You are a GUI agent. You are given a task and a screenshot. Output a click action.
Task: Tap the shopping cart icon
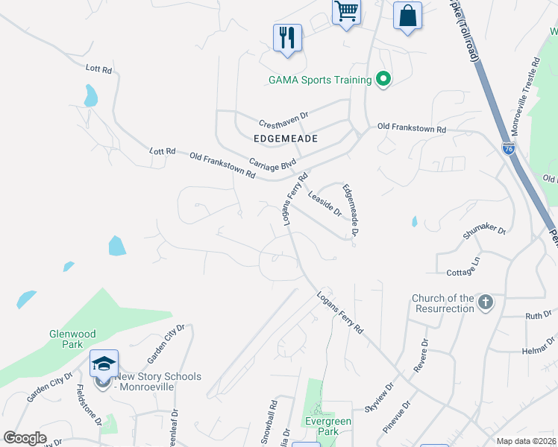tap(346, 13)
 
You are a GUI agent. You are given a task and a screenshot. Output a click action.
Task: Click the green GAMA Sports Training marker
tap(383, 79)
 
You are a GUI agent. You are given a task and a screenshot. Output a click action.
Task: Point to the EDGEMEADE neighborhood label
tap(286, 139)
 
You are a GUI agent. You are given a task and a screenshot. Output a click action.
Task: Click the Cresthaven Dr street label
tap(283, 117)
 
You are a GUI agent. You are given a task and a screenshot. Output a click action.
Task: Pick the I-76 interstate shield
tap(507, 149)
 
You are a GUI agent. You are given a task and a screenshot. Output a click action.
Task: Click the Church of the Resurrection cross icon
tap(485, 302)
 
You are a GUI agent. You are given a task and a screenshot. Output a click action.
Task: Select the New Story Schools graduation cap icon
tap(104, 364)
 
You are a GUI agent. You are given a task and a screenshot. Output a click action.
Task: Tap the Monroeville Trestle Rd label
tap(530, 92)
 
